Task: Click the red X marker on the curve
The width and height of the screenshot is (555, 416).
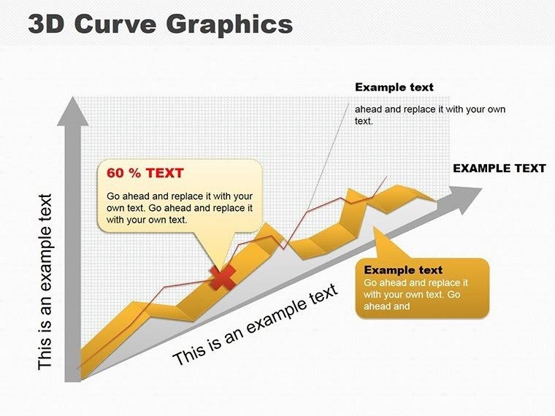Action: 223,277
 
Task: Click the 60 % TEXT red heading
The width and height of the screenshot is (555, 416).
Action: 145,173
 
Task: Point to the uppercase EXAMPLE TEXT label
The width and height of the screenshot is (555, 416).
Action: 499,168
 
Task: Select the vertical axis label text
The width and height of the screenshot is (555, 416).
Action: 45,281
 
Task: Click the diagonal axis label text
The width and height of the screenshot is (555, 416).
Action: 256,324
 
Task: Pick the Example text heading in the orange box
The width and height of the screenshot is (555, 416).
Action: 403,269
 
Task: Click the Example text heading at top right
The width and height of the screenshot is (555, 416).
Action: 394,87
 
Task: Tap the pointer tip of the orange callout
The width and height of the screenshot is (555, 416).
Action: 377,232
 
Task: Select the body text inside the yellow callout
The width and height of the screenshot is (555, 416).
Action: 180,207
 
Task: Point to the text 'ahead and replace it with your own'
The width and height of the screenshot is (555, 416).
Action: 430,109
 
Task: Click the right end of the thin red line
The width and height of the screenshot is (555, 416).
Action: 386,177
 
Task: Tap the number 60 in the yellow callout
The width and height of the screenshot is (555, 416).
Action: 115,173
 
